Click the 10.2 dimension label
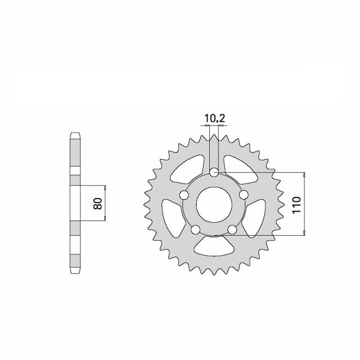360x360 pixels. [x=214, y=119]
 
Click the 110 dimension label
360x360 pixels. [x=296, y=205]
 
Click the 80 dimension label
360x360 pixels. [x=98, y=204]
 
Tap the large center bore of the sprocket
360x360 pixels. [x=214, y=205]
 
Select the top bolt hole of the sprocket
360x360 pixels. [x=214, y=173]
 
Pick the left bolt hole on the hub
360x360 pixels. [x=184, y=195]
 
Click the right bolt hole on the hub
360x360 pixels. [x=244, y=195]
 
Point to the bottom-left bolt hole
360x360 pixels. [x=195, y=229]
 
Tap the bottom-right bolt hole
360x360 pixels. [x=232, y=229]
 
